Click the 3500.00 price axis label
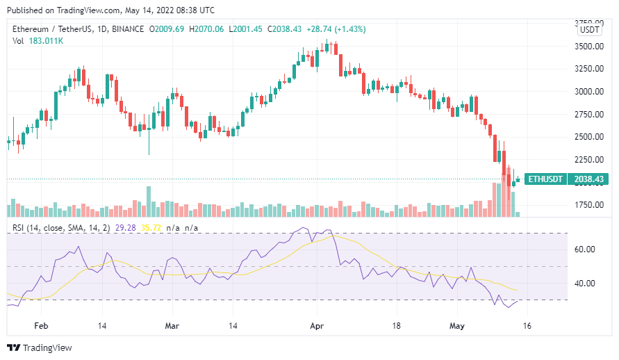[589, 47]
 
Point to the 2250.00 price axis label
[589, 159]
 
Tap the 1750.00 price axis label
[589, 205]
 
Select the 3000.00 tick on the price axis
[589, 92]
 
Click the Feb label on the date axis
[41, 325]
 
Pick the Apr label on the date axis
[317, 325]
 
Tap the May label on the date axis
[456, 325]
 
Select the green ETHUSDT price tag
[546, 179]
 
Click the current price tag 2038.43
[588, 179]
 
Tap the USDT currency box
[590, 29]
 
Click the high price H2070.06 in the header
[207, 29]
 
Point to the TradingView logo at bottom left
[40, 347]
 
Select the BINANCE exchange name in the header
[126, 29]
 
